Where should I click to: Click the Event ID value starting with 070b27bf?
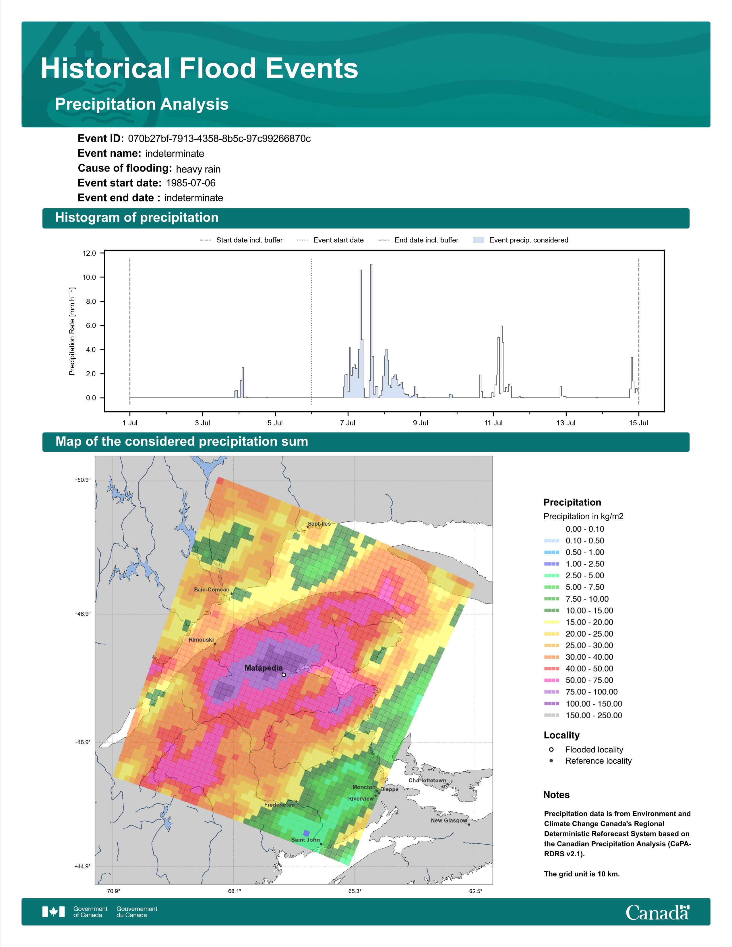click(219, 139)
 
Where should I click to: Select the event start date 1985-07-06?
click(191, 183)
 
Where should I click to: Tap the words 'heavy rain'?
click(198, 169)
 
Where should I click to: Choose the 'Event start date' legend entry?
click(330, 240)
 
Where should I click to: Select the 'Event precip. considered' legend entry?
click(520, 240)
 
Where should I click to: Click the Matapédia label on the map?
click(263, 668)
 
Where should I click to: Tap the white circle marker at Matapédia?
click(284, 675)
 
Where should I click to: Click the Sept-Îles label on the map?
click(319, 524)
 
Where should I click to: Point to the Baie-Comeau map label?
click(212, 590)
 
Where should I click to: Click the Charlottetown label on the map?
click(427, 781)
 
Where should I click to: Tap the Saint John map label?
click(305, 840)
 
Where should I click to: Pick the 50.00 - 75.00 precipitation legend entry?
click(578, 680)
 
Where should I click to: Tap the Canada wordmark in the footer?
click(657, 913)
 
